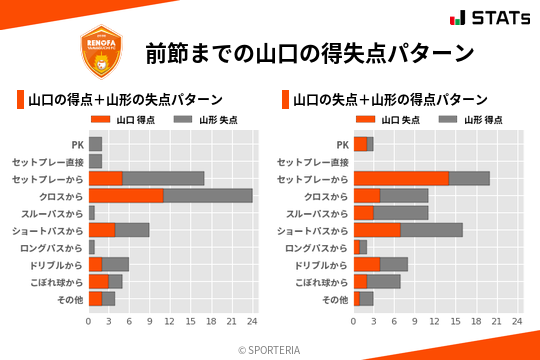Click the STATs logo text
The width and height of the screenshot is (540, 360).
(x=496, y=18)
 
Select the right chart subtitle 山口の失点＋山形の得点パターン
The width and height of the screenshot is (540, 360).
(x=390, y=100)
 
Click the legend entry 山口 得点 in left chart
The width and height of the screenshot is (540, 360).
(x=120, y=120)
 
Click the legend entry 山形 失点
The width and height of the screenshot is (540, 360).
(x=200, y=120)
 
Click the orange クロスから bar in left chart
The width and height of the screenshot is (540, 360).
(x=126, y=195)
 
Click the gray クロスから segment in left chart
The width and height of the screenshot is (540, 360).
(x=208, y=195)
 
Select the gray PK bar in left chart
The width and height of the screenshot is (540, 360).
(x=95, y=144)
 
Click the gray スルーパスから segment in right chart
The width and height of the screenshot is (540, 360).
(x=401, y=213)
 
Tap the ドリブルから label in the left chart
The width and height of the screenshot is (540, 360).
(x=56, y=264)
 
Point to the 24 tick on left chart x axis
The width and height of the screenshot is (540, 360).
(x=252, y=321)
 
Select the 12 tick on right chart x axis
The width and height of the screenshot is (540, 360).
(x=435, y=321)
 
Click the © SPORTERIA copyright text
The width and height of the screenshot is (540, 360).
(x=270, y=349)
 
